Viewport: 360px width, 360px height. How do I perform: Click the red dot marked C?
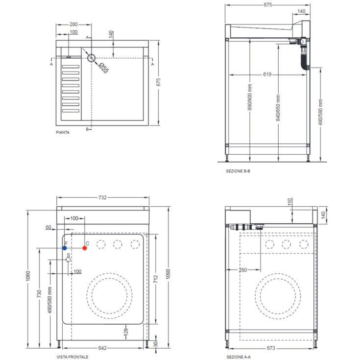85,248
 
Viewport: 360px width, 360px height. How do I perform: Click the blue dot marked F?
65,248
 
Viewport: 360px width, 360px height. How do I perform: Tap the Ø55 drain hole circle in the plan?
92,58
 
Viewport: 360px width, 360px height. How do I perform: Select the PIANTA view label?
63,132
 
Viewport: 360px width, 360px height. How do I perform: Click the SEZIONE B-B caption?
239,171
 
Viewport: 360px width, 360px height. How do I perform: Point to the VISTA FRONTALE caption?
72,357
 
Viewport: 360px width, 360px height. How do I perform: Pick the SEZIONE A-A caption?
239,357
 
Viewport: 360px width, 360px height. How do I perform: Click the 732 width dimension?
102,198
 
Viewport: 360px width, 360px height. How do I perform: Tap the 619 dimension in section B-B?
267,74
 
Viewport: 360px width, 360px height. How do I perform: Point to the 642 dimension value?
102,348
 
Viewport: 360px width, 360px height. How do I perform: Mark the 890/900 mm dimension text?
250,97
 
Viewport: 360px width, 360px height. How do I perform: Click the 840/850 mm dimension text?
278,108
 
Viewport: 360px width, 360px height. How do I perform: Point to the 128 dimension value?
126,332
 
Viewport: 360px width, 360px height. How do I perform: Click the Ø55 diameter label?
104,68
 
